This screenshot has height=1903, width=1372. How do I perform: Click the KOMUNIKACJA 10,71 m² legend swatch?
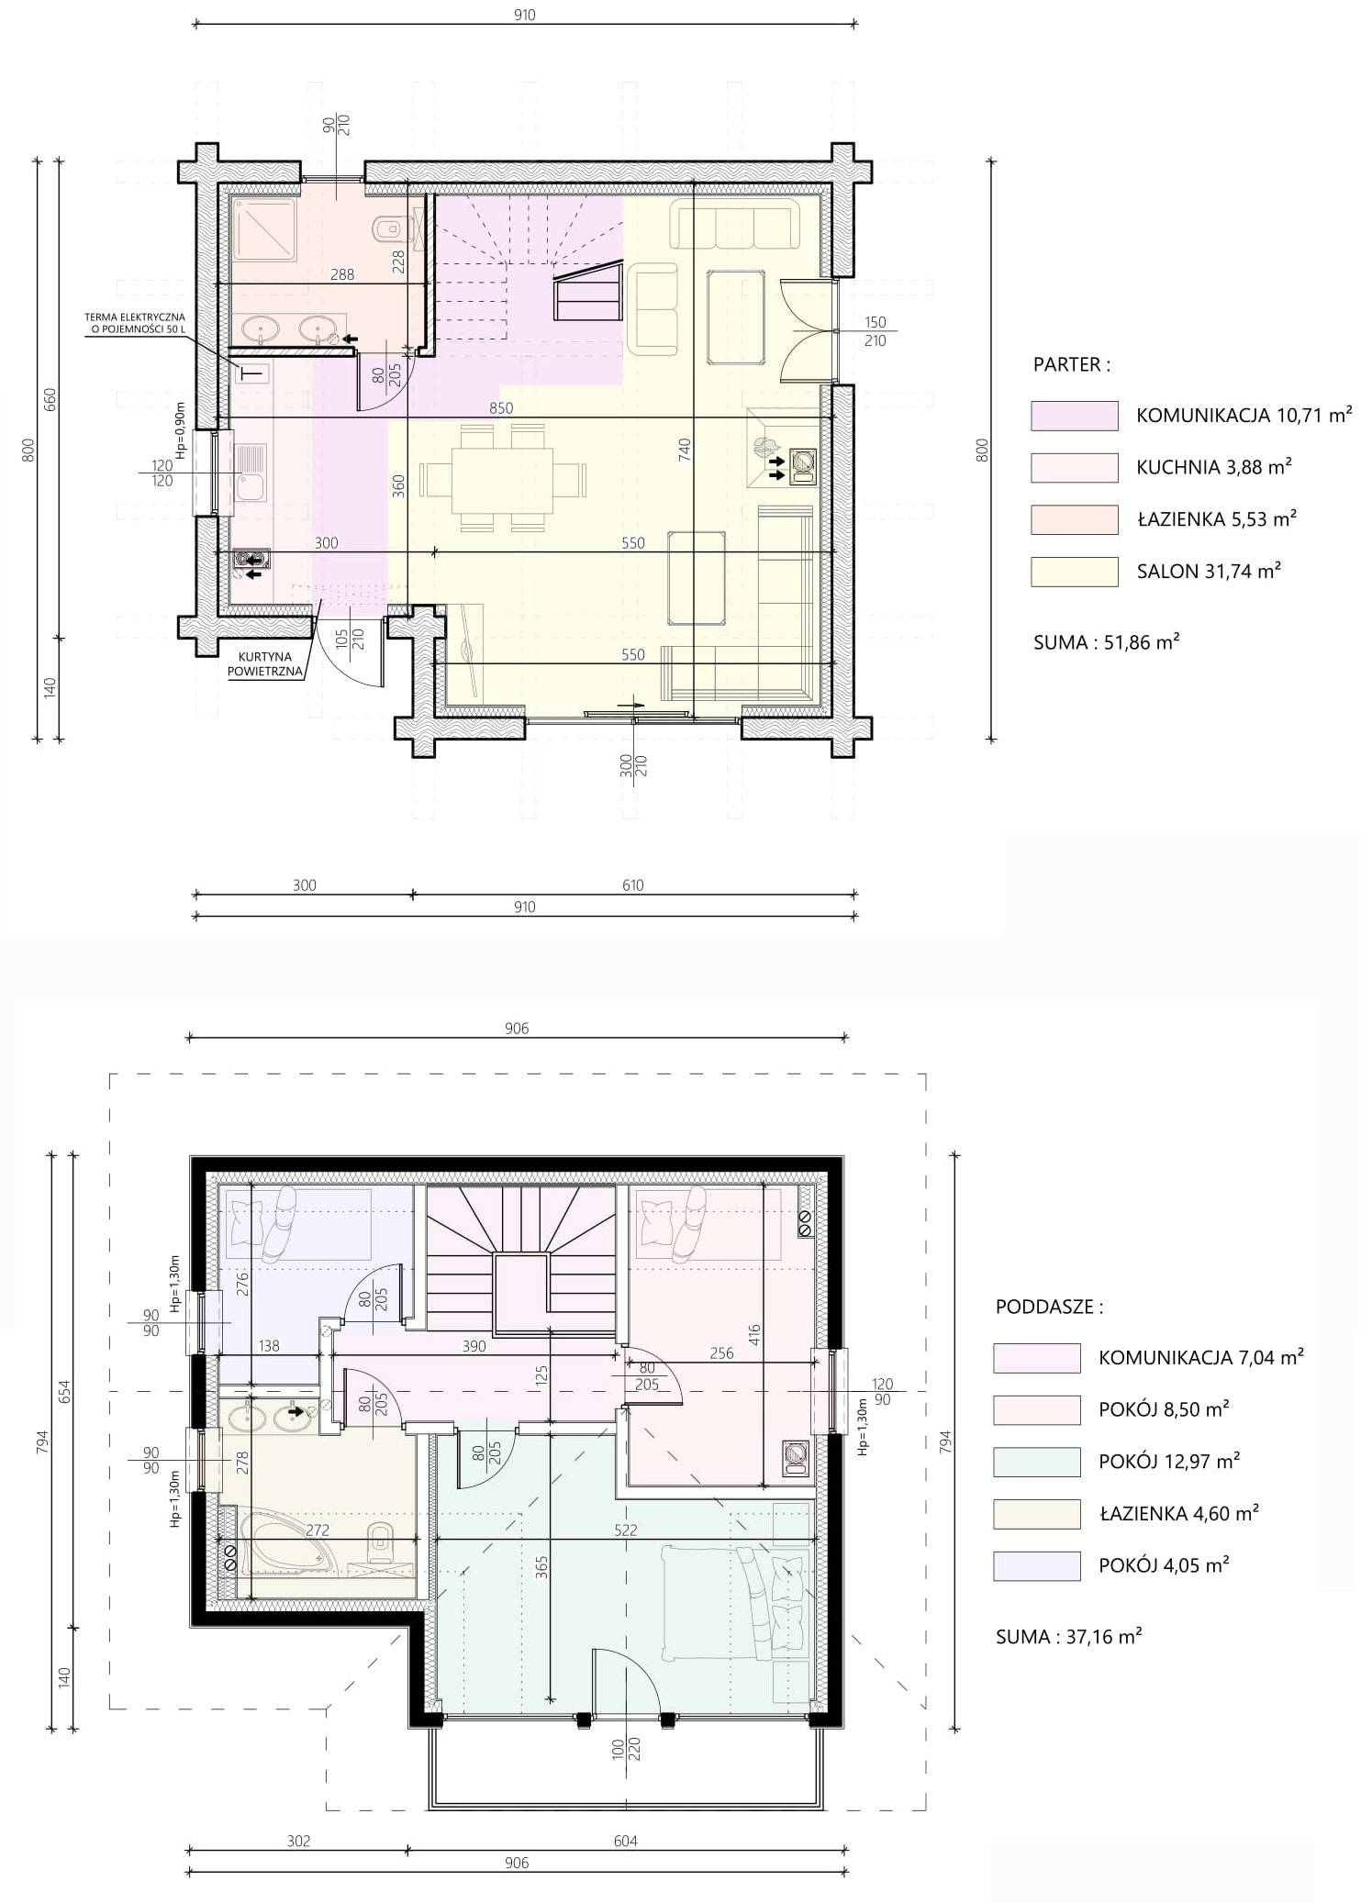tap(1074, 416)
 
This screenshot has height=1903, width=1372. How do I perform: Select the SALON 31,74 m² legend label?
tap(1209, 571)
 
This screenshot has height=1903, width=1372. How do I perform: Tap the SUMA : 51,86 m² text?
tap(1106, 642)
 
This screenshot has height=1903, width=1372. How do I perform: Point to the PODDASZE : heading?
tap(1049, 1307)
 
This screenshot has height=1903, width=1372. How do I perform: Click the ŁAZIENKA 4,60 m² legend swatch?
tap(1036, 1514)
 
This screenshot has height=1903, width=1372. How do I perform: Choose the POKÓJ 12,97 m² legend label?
tap(1168, 1461)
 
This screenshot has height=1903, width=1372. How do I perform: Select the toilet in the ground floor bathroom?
tap(386, 226)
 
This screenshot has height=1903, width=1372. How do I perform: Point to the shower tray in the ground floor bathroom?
tap(263, 229)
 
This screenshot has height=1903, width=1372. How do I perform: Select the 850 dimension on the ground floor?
tap(501, 408)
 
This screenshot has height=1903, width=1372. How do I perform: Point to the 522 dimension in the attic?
tap(625, 1530)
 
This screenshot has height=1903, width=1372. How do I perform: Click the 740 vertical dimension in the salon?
tap(685, 451)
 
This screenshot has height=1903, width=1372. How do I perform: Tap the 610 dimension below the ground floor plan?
tap(633, 885)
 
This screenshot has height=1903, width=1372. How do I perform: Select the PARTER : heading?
tap(1071, 364)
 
